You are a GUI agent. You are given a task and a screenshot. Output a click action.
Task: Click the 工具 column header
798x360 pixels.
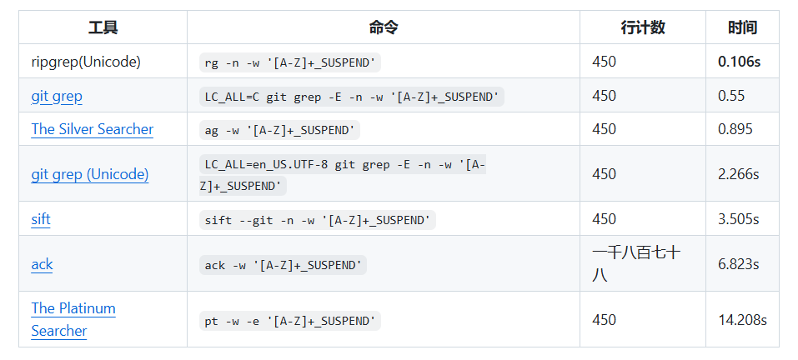pyautogui.click(x=103, y=27)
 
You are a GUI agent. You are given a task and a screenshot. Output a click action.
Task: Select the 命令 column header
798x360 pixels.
pyautogui.click(x=383, y=27)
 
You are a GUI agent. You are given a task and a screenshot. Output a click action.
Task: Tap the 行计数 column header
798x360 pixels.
pyautogui.click(x=642, y=27)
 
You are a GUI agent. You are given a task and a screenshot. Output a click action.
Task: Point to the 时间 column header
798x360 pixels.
pyautogui.click(x=741, y=27)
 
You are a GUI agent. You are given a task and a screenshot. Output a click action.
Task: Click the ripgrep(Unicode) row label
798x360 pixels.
pyautogui.click(x=86, y=62)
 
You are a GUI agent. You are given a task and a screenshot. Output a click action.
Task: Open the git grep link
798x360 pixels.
pyautogui.click(x=57, y=96)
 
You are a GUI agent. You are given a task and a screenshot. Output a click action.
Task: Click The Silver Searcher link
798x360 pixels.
pyautogui.click(x=92, y=129)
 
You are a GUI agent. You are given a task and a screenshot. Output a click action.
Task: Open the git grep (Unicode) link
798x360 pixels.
pyautogui.click(x=90, y=174)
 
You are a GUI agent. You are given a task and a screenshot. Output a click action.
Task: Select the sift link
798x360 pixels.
pyautogui.click(x=41, y=219)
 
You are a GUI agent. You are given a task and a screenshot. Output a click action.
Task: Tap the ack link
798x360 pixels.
pyautogui.click(x=42, y=264)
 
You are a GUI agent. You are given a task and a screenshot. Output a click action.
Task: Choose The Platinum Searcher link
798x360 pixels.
pyautogui.click(x=73, y=319)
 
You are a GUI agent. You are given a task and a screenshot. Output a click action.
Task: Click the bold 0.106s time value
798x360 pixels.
pyautogui.click(x=739, y=62)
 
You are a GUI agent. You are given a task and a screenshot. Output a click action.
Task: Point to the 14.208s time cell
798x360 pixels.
pyautogui.click(x=742, y=320)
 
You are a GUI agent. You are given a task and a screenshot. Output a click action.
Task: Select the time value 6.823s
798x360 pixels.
pyautogui.click(x=738, y=264)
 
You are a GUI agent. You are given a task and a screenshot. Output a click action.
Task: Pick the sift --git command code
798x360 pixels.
pyautogui.click(x=318, y=220)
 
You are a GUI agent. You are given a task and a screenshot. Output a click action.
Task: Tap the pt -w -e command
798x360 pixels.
pyautogui.click(x=290, y=320)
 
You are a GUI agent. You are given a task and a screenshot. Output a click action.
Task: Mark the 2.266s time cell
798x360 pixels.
pyautogui.click(x=738, y=174)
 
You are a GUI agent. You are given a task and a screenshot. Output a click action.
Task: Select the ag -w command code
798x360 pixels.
pyautogui.click(x=281, y=130)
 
